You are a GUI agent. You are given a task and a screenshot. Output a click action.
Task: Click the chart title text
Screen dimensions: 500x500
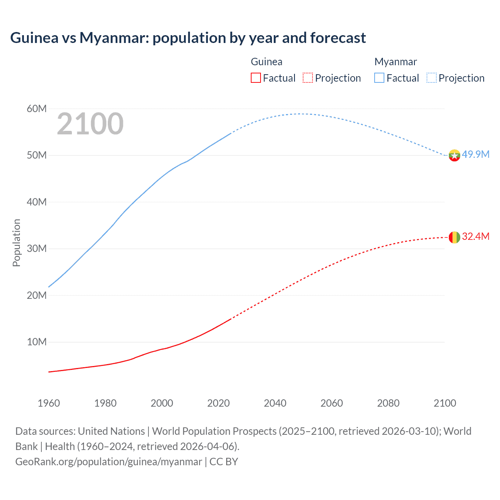(188, 38)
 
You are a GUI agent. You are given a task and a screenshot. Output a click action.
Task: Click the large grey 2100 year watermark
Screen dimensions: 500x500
(90, 124)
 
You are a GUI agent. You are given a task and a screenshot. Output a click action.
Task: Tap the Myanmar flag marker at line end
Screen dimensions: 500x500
(454, 155)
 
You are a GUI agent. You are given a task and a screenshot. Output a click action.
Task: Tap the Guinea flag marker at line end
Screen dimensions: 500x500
(454, 237)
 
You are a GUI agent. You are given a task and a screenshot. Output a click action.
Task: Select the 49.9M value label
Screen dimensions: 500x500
(475, 154)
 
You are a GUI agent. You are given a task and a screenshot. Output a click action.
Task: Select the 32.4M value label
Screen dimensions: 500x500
(475, 236)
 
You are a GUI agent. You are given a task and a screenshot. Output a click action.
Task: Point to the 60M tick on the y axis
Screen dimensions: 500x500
(37, 109)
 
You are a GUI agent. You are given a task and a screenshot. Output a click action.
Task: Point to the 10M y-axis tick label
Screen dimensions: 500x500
(37, 342)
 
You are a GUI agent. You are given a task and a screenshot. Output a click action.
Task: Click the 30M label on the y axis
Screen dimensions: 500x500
(37, 248)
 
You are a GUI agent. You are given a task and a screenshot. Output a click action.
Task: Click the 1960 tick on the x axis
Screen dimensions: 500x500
(49, 403)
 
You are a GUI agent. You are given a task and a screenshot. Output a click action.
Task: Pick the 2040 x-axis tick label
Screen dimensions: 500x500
(275, 403)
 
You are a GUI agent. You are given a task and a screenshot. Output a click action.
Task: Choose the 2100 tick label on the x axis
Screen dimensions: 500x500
(445, 403)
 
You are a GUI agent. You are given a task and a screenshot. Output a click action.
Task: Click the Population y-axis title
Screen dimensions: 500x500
(16, 243)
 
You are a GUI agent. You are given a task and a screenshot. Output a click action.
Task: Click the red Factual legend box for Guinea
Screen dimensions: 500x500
(255, 78)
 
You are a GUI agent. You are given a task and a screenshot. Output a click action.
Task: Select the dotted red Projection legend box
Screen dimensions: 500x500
(308, 78)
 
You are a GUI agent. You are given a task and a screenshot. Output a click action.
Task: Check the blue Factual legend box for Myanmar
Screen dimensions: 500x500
(379, 78)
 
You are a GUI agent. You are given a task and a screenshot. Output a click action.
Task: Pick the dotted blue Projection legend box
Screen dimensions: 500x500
(432, 78)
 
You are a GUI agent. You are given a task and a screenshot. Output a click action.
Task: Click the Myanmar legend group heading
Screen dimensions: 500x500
(395, 62)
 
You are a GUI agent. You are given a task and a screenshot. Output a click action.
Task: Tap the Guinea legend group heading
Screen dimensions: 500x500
(266, 62)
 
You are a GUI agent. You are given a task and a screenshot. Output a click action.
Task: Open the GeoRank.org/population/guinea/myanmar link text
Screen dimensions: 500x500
(109, 461)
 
